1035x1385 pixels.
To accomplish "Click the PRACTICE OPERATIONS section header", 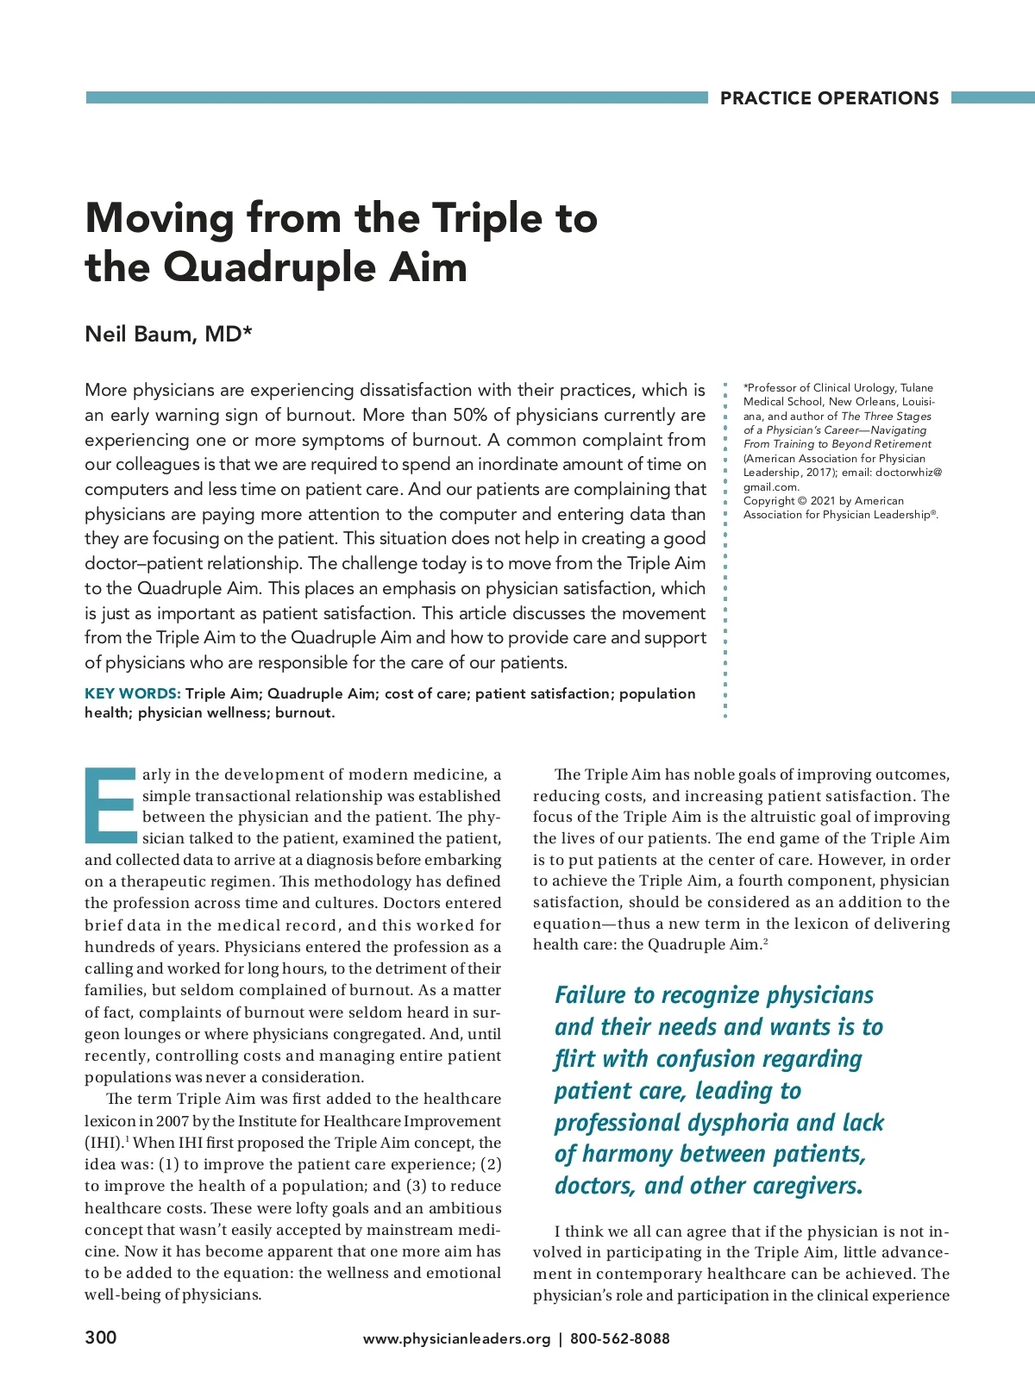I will [x=829, y=98].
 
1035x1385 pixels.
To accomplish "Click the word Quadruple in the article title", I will [x=267, y=266].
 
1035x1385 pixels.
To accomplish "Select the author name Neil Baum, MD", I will [x=168, y=334].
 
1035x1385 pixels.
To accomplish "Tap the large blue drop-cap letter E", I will [x=110, y=805].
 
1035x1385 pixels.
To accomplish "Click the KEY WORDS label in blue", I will [x=132, y=693].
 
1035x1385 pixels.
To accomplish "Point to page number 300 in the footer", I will [x=100, y=1338].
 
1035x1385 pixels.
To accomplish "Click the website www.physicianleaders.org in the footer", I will [x=456, y=1338].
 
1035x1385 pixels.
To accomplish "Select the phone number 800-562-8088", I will [x=619, y=1338].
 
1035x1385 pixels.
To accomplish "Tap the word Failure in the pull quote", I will [x=590, y=995].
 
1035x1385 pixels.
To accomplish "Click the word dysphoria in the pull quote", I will [x=738, y=1122].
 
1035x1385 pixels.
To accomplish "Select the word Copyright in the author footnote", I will [x=768, y=501].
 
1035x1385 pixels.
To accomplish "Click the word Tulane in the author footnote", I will [x=917, y=388].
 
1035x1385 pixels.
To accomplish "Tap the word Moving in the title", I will [x=160, y=217].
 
